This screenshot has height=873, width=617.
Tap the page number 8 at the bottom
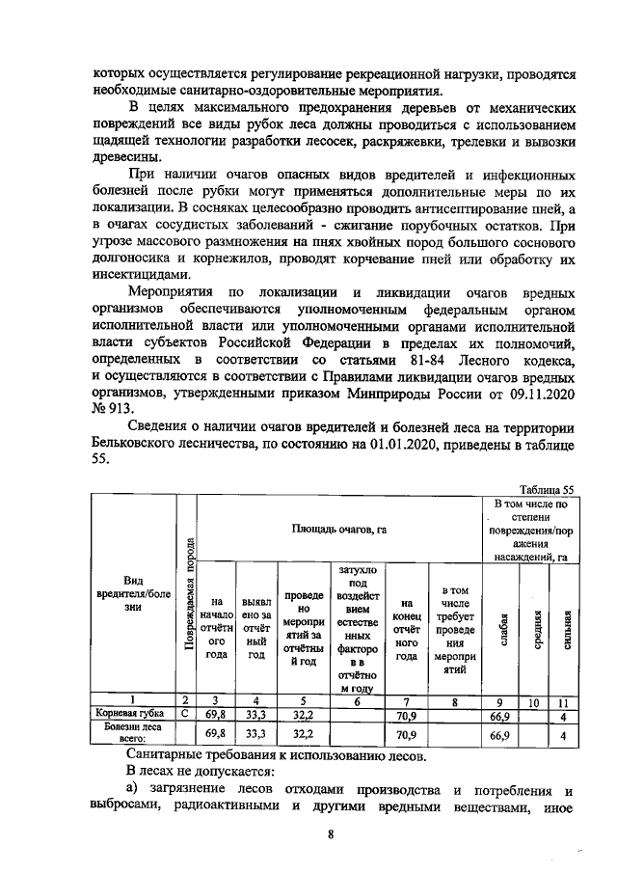[330, 835]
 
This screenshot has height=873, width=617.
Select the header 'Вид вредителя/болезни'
[133, 594]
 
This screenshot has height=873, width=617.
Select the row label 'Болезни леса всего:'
[133, 734]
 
